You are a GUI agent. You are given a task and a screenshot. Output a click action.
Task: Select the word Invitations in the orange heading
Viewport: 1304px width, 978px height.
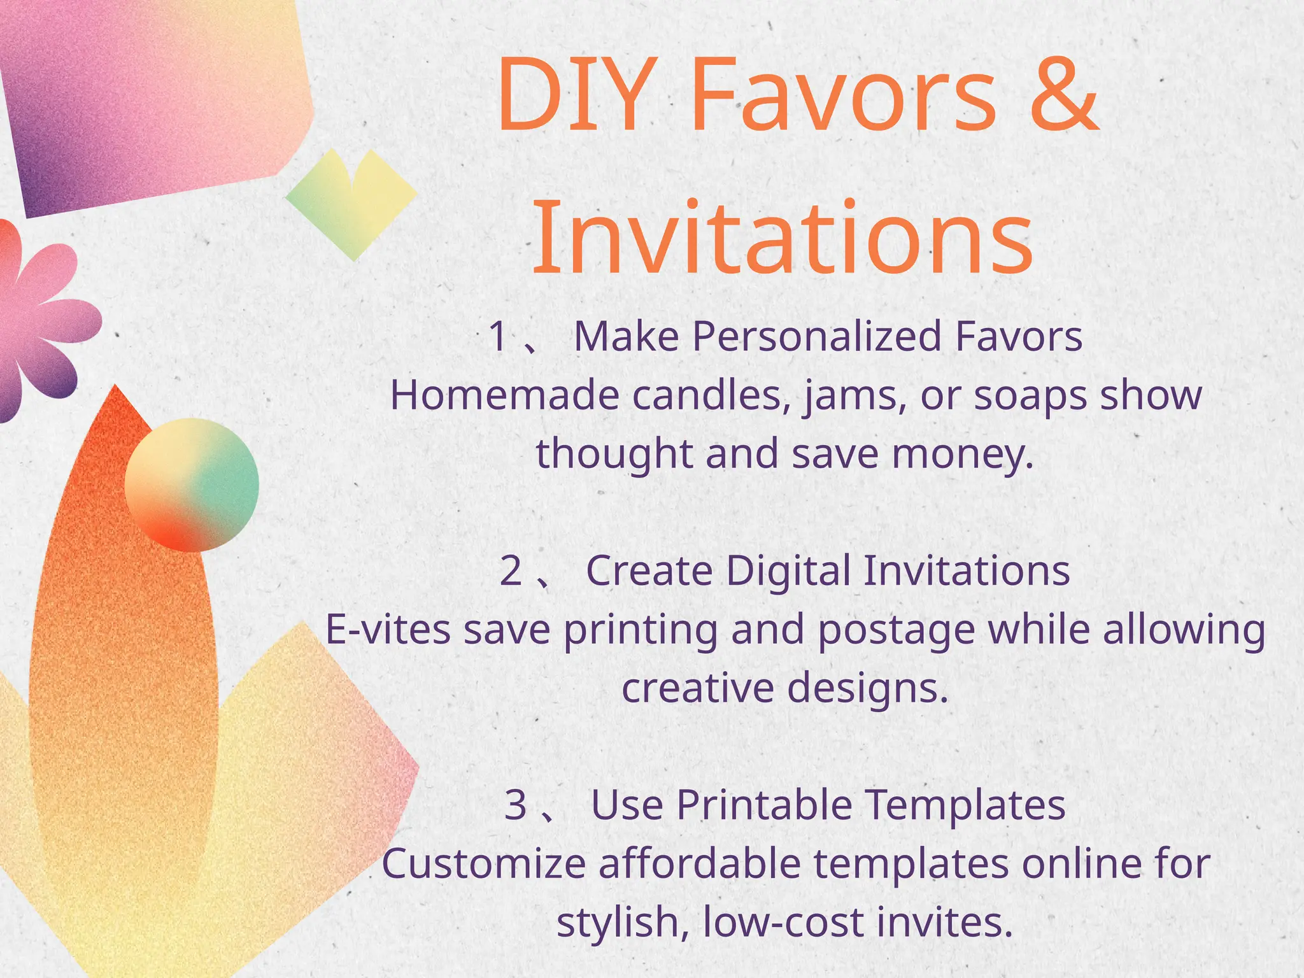(782, 238)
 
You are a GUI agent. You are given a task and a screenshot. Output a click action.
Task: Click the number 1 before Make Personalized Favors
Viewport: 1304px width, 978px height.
(499, 336)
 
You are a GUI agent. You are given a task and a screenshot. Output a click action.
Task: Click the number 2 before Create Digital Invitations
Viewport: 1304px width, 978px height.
(511, 570)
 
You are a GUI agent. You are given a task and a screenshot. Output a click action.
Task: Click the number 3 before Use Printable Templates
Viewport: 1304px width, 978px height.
(516, 805)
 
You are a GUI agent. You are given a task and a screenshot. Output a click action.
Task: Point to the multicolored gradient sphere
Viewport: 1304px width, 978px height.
(192, 485)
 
